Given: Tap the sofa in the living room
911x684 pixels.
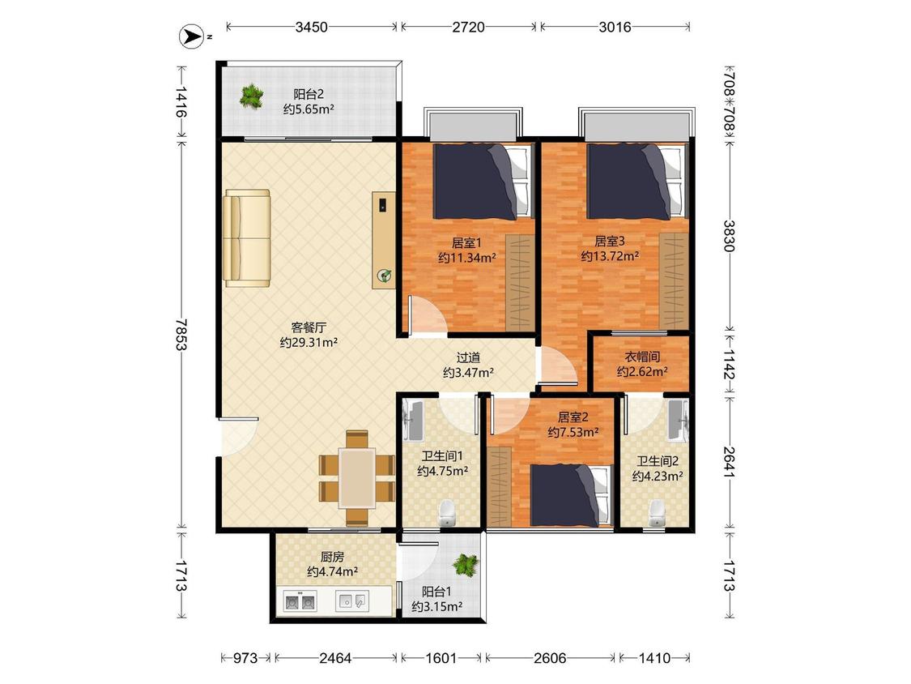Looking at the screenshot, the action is (248, 238).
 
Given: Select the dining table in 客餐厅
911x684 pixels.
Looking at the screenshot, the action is (357, 477).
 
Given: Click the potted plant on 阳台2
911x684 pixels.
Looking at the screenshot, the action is (251, 96).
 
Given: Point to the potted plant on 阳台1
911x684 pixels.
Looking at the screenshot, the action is (466, 564).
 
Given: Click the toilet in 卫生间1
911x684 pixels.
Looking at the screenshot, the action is (446, 512).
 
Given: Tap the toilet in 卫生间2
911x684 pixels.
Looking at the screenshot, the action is (657, 512).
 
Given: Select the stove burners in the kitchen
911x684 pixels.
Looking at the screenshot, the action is (299, 601).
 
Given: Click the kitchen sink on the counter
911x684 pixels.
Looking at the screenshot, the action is (352, 601).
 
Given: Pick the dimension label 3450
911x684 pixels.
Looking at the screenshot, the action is (312, 27).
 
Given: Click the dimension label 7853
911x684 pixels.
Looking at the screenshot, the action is (181, 335).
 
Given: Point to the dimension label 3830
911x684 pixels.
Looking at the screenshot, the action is (729, 236).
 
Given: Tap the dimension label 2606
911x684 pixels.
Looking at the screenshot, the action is (550, 658).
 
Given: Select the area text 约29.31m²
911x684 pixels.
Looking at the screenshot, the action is (309, 343).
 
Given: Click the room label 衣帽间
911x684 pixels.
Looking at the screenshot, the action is (641, 357).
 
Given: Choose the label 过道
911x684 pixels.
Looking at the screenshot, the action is (468, 357).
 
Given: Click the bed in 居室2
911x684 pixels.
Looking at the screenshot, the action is (572, 495).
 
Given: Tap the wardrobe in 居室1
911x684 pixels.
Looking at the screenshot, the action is (520, 282).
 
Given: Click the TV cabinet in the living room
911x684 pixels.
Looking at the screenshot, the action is (384, 240).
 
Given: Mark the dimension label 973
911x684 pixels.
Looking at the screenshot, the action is (245, 658).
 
